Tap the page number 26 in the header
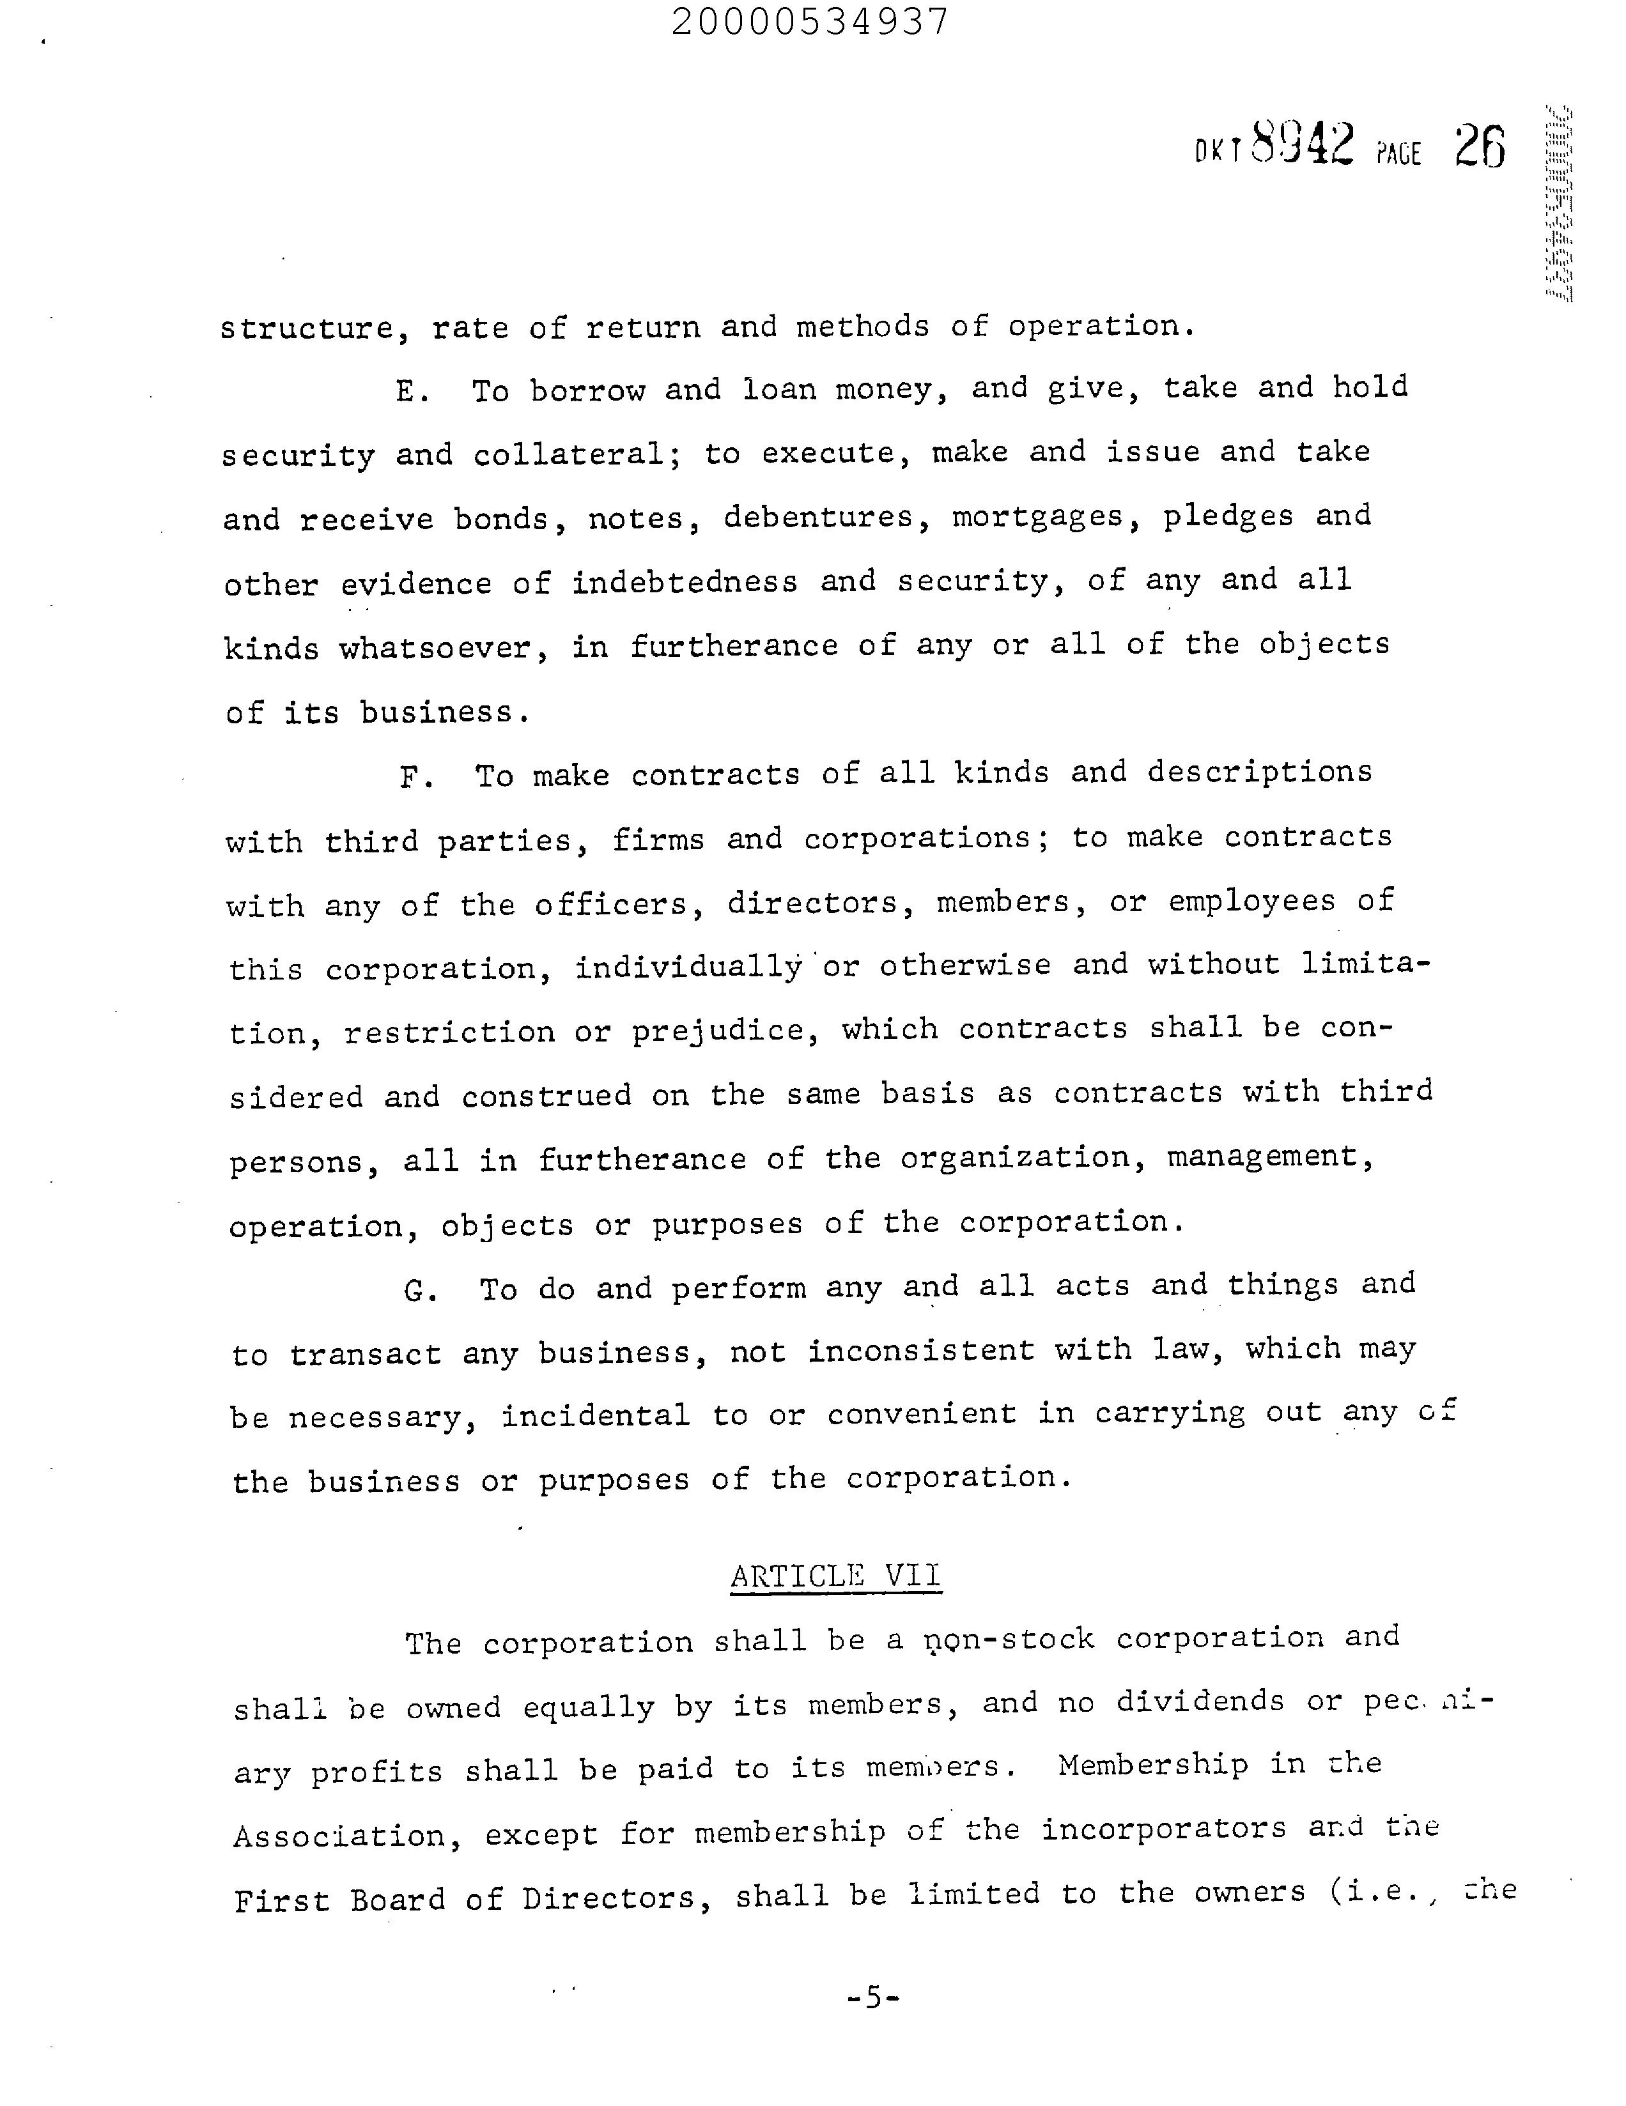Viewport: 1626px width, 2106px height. tap(1480, 148)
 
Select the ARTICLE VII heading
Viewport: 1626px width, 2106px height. tap(835, 1576)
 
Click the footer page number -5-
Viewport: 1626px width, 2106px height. tap(873, 1997)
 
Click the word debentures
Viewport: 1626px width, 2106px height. tap(818, 518)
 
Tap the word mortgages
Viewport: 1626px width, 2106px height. tap(1038, 518)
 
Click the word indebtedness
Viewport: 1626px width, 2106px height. tap(685, 583)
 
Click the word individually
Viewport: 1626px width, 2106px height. tap(688, 967)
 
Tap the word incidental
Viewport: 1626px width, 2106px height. tap(595, 1415)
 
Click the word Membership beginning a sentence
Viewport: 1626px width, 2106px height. tap(1152, 1765)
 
